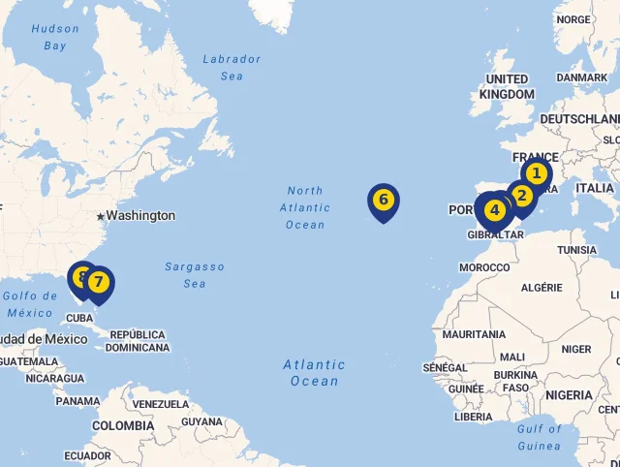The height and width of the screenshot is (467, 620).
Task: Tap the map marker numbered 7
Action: [x=99, y=283]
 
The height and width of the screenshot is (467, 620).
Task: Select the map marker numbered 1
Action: [x=536, y=174]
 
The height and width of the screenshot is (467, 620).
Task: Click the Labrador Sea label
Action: [x=232, y=67]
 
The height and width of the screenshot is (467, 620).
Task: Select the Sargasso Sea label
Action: [x=195, y=274]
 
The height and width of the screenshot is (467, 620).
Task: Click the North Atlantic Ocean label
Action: [x=305, y=207]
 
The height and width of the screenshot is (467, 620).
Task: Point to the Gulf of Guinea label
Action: [x=539, y=437]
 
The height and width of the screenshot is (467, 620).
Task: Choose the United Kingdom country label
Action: [x=507, y=86]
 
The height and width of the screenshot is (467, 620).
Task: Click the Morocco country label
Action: [x=484, y=267]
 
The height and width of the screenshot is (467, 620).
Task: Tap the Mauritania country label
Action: [x=474, y=334]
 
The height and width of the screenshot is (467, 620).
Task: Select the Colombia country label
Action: [x=123, y=425]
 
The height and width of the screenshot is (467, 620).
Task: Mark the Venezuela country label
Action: [x=161, y=404]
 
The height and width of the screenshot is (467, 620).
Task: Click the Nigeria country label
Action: [x=569, y=395]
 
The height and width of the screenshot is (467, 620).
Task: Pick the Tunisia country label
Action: [x=576, y=250]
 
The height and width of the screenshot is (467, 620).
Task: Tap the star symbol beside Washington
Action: [x=100, y=215]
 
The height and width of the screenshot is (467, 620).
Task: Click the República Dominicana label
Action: [x=138, y=341]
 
